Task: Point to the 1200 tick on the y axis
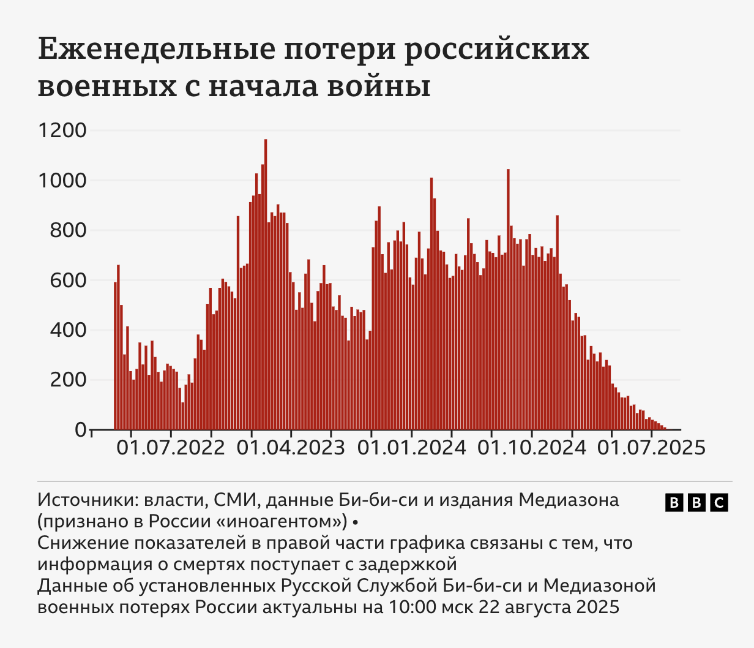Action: point(62,131)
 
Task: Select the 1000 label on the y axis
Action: point(62,181)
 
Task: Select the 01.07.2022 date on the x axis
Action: point(171,448)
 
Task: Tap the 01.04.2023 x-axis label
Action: point(291,448)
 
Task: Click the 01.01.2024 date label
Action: point(411,448)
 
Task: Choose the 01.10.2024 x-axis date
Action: point(531,448)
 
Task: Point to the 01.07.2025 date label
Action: point(651,448)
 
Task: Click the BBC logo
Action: point(696,503)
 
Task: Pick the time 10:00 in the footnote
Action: point(408,608)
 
